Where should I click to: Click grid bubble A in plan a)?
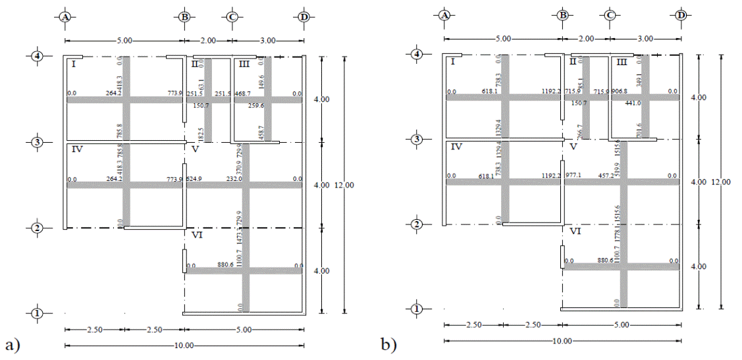(x=65, y=17)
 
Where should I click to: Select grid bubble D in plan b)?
(x=681, y=14)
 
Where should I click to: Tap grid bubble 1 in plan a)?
(x=37, y=313)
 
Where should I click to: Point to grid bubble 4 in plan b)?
(x=416, y=54)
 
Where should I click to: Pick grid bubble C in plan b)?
(x=610, y=14)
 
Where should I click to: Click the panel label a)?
(x=9, y=344)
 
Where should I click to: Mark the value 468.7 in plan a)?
(x=243, y=94)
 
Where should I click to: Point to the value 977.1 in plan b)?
(x=574, y=176)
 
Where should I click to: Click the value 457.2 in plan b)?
(x=606, y=176)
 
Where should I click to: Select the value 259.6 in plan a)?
(x=256, y=105)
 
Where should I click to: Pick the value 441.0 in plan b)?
(x=633, y=103)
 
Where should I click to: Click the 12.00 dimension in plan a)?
(x=345, y=186)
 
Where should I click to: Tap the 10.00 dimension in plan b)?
(x=562, y=341)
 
